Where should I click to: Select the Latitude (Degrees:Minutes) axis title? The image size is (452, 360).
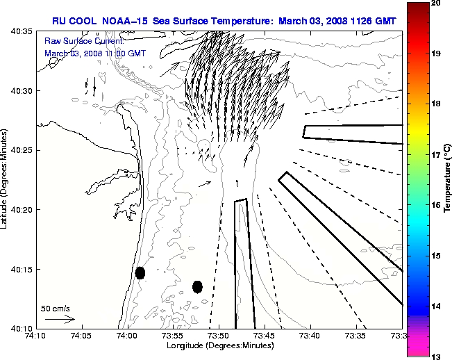coord(6,179)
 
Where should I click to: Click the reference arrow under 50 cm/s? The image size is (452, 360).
coord(60,320)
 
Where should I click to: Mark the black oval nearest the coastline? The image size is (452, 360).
coord(140,272)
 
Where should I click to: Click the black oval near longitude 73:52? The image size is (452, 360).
coord(197,286)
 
